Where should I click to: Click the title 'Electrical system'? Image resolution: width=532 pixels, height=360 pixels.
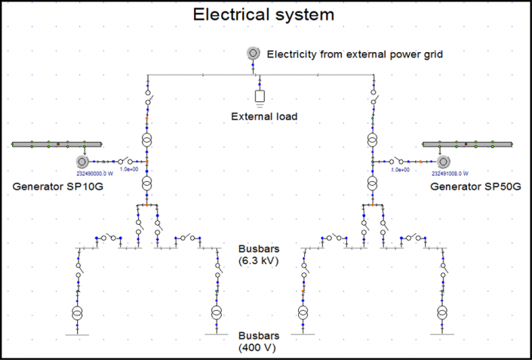[x=263, y=14]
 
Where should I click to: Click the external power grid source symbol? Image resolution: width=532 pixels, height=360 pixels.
[x=254, y=53]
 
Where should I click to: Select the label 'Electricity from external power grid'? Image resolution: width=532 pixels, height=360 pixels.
[x=355, y=54]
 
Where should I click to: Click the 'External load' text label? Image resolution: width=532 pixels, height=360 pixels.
[x=264, y=116]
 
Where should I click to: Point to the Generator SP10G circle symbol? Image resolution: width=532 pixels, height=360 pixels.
[x=82, y=162]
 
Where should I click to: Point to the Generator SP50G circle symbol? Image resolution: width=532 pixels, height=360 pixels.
[x=443, y=162]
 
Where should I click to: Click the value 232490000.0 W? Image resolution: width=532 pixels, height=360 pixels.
[x=94, y=172]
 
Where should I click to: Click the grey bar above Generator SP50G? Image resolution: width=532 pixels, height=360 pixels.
[x=466, y=143]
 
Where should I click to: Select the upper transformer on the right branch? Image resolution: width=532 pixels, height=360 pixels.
[x=373, y=140]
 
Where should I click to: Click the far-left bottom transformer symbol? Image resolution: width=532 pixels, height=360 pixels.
[x=76, y=312]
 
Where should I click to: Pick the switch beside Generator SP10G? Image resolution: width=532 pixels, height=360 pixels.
[x=125, y=162]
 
